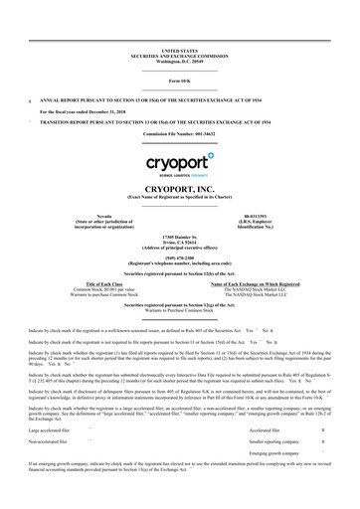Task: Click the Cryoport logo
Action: (x=179, y=162)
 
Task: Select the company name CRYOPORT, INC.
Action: (x=180, y=189)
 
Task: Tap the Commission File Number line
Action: (x=180, y=133)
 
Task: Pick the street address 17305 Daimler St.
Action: (x=180, y=235)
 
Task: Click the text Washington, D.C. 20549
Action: (x=180, y=61)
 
